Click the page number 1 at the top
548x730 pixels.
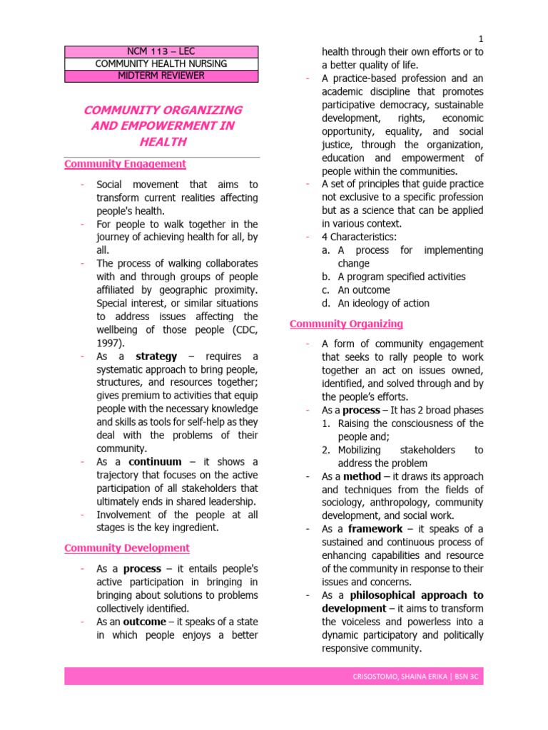click(x=481, y=38)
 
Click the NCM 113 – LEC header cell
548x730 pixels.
click(x=162, y=51)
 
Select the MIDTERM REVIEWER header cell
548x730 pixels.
click(x=162, y=76)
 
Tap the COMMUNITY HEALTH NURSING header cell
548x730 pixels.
click(x=162, y=64)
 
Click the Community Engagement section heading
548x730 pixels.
click(x=125, y=164)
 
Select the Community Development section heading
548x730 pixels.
click(x=127, y=548)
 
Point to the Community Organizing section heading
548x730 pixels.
click(x=346, y=324)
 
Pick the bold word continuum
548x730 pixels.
click(x=155, y=461)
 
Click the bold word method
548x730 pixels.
click(x=362, y=476)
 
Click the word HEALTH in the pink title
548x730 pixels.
click(x=163, y=142)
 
